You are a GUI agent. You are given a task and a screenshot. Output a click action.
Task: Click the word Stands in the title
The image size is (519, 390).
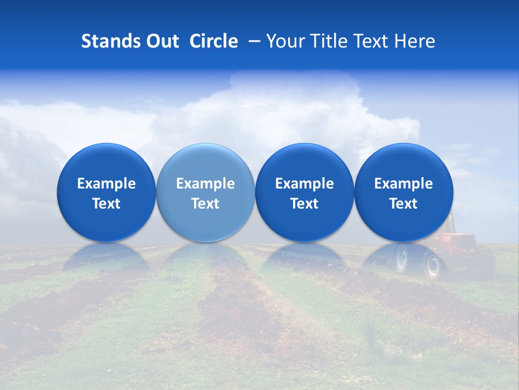(x=107, y=41)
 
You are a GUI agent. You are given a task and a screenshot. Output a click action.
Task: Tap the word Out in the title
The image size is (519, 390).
(x=161, y=41)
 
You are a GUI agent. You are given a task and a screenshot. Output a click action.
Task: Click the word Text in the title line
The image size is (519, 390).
(x=370, y=41)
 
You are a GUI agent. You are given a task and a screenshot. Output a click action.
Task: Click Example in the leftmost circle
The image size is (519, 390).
(x=106, y=184)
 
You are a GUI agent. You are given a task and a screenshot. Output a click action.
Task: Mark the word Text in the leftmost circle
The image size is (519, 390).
(x=106, y=204)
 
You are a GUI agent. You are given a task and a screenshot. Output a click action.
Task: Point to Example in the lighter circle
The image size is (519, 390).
(x=205, y=184)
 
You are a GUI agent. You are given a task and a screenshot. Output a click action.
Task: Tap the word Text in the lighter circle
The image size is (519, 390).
(x=205, y=204)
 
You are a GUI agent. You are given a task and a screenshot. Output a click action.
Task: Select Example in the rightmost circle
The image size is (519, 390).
(x=403, y=184)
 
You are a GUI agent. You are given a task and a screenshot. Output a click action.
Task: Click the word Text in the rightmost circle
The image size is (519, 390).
(x=403, y=204)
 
